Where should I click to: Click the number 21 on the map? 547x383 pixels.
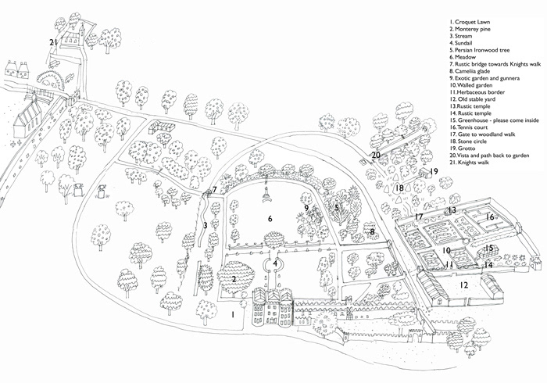53,42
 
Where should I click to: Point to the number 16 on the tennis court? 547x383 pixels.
490,217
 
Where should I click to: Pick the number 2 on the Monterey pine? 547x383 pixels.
234,279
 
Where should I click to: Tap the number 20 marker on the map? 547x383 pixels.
376,155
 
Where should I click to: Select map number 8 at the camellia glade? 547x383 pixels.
372,231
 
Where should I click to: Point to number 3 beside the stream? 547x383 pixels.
204,225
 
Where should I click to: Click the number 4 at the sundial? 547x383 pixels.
276,264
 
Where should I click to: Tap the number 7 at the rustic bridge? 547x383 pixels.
214,190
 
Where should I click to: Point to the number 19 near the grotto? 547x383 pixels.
434,171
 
